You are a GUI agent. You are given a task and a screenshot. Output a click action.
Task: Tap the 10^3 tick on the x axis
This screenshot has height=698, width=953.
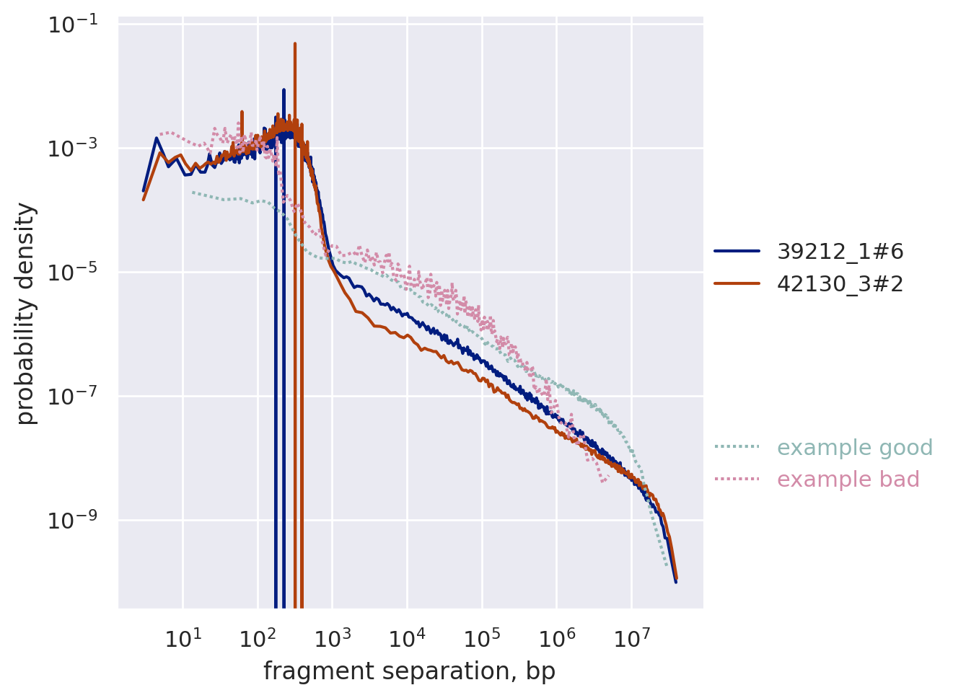(332, 637)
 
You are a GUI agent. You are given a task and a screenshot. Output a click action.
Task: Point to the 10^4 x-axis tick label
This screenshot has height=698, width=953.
(407, 637)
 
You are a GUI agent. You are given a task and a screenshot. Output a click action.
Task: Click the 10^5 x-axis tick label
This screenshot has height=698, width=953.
(482, 637)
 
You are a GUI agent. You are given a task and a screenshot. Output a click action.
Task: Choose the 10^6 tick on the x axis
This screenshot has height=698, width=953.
(557, 637)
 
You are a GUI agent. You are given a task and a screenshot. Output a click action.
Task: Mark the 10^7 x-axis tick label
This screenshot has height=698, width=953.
(631, 637)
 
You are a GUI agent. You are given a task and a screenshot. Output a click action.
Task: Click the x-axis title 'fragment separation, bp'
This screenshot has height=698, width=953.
(409, 671)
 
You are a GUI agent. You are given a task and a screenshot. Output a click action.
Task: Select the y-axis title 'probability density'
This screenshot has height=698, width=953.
(26, 314)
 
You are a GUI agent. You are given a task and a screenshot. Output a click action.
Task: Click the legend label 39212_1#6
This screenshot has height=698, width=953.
(840, 252)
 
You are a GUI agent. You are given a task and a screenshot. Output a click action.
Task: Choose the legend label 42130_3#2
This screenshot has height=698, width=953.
(840, 284)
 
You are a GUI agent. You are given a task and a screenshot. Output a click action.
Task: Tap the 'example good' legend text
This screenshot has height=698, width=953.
(854, 448)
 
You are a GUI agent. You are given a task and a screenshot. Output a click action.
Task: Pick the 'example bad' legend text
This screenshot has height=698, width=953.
(848, 480)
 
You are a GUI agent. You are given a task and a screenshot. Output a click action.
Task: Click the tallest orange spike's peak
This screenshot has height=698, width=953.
(295, 44)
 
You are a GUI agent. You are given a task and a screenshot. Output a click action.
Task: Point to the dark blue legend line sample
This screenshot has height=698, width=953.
(737, 252)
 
